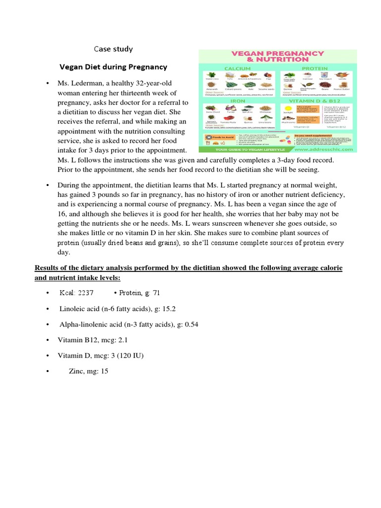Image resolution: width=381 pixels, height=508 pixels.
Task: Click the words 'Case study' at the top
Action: click(x=114, y=49)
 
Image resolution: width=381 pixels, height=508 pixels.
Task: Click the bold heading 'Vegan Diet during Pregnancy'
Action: click(x=114, y=66)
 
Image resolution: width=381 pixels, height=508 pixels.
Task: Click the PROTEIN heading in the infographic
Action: click(x=315, y=68)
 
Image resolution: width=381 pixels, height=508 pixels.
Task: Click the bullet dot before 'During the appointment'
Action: click(x=47, y=185)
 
